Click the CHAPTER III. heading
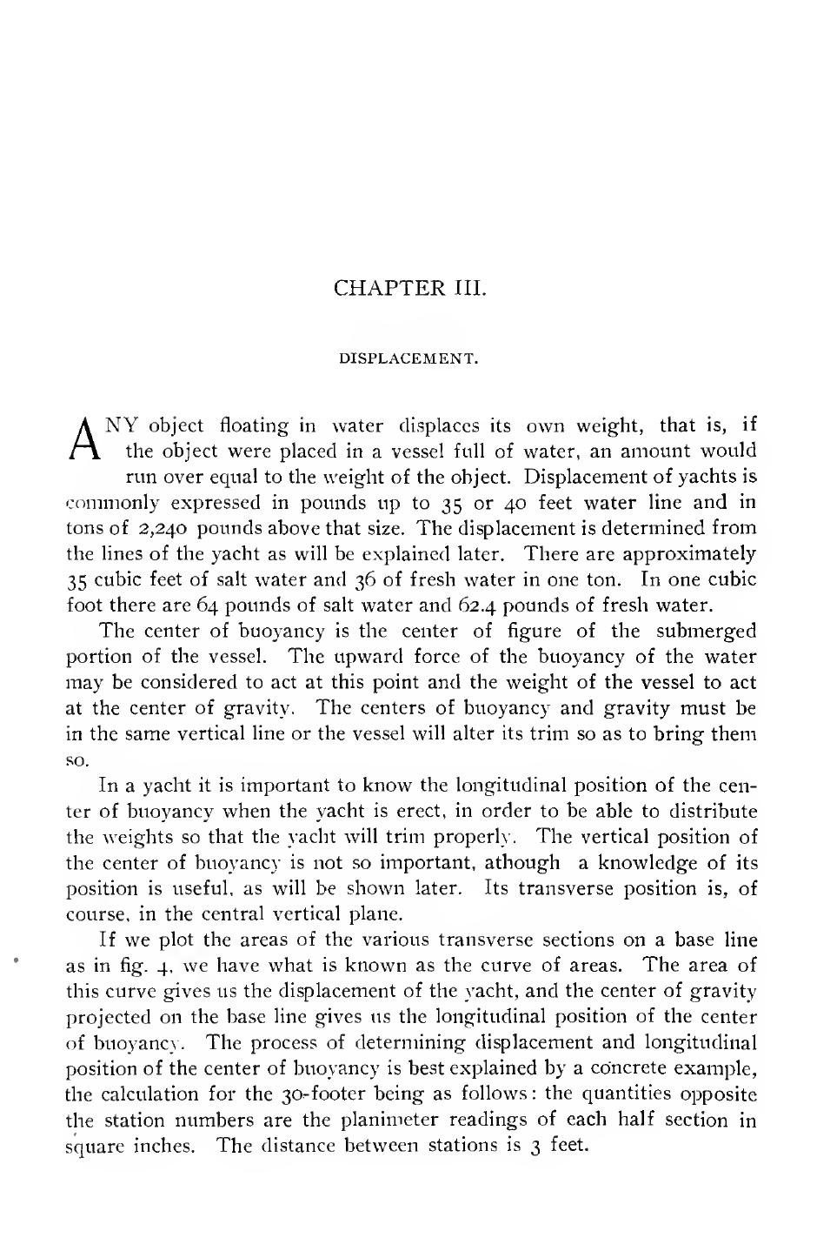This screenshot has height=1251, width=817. [409, 288]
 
